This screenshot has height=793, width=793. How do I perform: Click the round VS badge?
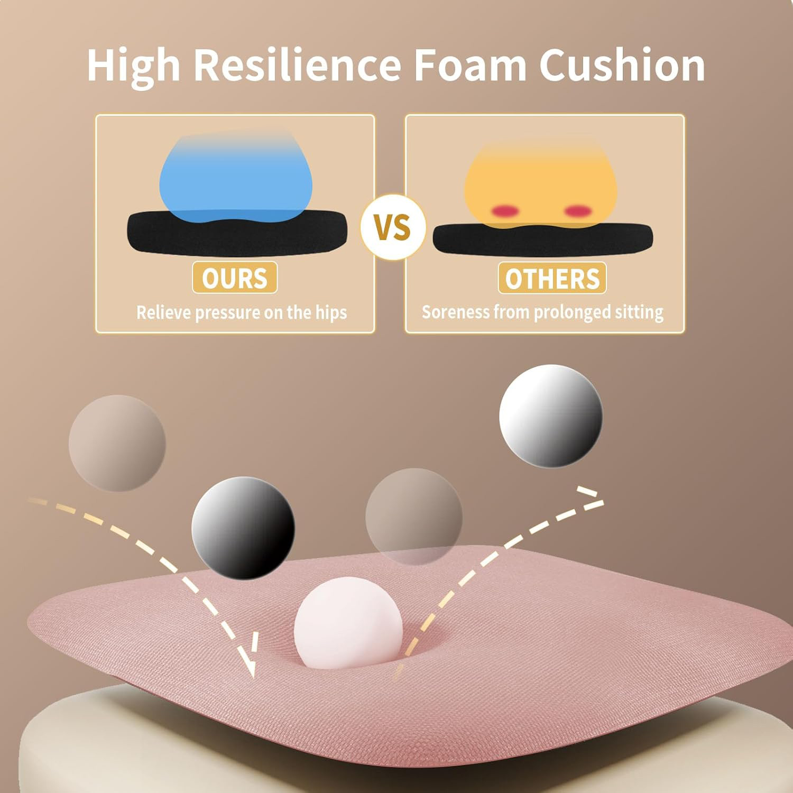(x=393, y=227)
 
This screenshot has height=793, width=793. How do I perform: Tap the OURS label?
(x=235, y=278)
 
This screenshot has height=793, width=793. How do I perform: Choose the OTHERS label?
(x=552, y=278)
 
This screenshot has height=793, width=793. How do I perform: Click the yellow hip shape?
(x=540, y=183)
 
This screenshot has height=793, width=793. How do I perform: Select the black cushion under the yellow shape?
(x=542, y=239)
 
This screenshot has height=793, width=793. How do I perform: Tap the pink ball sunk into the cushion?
(x=348, y=623)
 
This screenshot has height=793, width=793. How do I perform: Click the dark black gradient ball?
(x=243, y=528)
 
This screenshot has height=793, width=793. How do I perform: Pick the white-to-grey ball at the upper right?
(x=551, y=416)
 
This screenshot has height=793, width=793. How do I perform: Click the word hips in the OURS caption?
(x=331, y=313)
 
